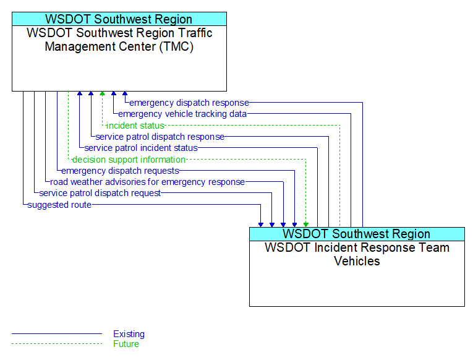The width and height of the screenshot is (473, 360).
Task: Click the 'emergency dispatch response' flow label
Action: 189,103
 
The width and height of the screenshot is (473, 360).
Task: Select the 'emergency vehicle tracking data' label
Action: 182,114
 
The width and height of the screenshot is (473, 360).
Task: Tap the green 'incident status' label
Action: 135,126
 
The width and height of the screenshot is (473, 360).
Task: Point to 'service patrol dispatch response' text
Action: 160,137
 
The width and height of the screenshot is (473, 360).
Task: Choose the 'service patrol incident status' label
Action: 141,148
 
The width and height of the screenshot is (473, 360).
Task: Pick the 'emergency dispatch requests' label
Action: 120,171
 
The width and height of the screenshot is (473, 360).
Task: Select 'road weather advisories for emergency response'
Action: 147,182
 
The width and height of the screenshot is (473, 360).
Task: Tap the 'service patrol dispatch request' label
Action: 100,193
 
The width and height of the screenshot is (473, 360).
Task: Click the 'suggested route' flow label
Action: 59,205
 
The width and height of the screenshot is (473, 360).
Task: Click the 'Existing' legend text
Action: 129,334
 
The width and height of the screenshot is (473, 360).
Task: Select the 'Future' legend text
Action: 126,344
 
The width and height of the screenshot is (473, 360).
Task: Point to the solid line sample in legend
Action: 56,334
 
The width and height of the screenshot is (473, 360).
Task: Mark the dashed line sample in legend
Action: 56,344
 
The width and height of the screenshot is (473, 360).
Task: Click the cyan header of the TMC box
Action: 119,19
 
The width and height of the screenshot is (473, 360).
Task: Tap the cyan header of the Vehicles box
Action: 357,234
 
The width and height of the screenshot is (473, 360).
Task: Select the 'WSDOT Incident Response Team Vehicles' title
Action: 357,254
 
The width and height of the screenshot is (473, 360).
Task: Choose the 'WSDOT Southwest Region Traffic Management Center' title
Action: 119,40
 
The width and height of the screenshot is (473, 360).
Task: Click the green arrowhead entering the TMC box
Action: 102,95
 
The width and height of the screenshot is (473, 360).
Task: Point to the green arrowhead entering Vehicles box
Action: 305,223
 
